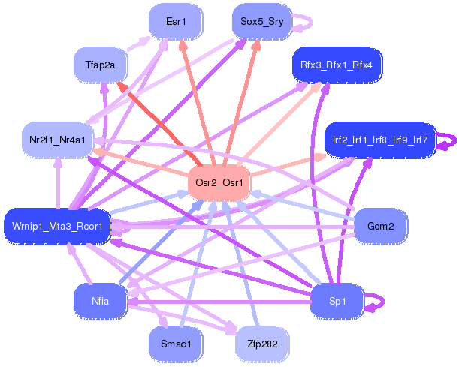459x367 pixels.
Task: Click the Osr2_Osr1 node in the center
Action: pos(219,182)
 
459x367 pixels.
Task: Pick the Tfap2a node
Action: pos(100,65)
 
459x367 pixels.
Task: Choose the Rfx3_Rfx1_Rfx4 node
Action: pos(337,65)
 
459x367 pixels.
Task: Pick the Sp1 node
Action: pos(337,300)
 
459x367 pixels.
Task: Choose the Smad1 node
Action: pos(176,344)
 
